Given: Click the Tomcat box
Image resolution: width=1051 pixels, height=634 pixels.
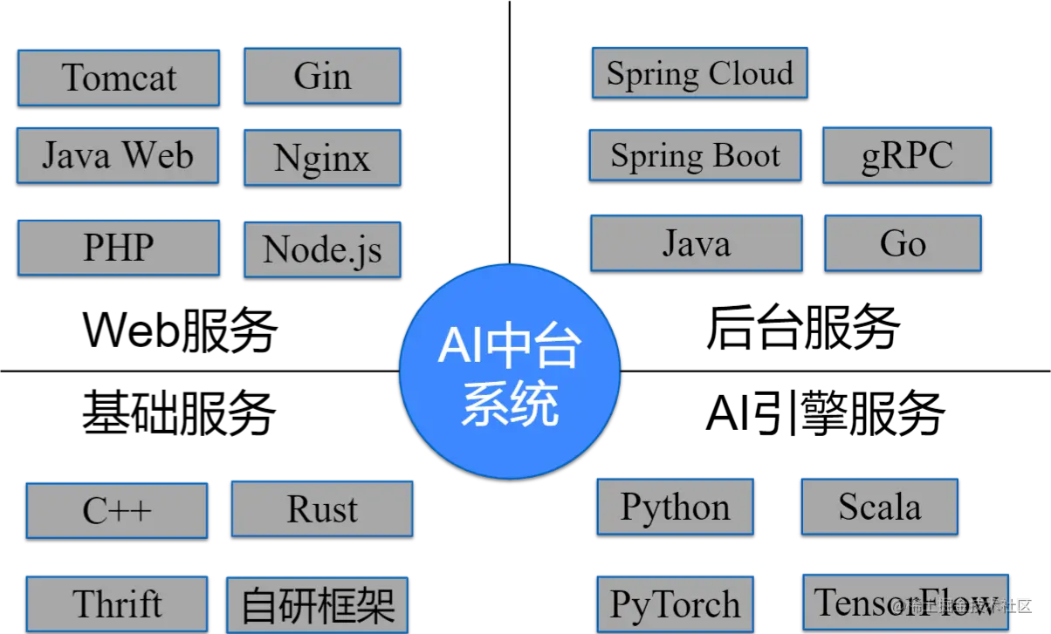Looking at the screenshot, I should tap(118, 77).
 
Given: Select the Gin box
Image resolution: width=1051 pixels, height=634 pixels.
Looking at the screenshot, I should tap(322, 75).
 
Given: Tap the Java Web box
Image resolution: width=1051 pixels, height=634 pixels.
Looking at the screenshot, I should tap(118, 155).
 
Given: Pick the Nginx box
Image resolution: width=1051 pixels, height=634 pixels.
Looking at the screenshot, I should tap(322, 157).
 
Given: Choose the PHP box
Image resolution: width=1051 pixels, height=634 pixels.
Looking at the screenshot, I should tap(118, 247).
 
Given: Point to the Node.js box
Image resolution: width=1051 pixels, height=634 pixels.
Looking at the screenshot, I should tap(322, 249).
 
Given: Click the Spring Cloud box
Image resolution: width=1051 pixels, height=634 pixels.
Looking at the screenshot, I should tap(699, 72).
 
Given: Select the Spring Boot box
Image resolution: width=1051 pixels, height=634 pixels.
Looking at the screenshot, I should tap(695, 155).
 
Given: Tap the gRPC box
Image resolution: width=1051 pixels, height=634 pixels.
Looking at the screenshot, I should tap(907, 155).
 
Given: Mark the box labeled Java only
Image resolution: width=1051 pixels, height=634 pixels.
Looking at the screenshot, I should tap(696, 242).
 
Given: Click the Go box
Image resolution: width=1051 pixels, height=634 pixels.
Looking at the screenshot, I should tap(903, 242).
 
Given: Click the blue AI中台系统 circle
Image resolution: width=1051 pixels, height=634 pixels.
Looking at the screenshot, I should tap(510, 371).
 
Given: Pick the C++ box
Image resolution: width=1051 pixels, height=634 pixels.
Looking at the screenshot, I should tap(117, 510).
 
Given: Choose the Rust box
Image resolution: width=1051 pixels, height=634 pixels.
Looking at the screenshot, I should tap(322, 508).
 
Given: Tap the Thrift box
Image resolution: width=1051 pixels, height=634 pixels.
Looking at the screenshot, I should tap(117, 603).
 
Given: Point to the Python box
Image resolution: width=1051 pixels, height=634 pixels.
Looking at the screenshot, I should tap(675, 506).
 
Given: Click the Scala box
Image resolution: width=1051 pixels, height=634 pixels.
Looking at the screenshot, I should tap(879, 505).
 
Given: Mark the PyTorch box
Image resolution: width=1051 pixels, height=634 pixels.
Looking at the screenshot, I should tap(675, 603).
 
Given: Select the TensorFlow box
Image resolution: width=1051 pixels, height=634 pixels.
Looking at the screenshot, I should tap(905, 602).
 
